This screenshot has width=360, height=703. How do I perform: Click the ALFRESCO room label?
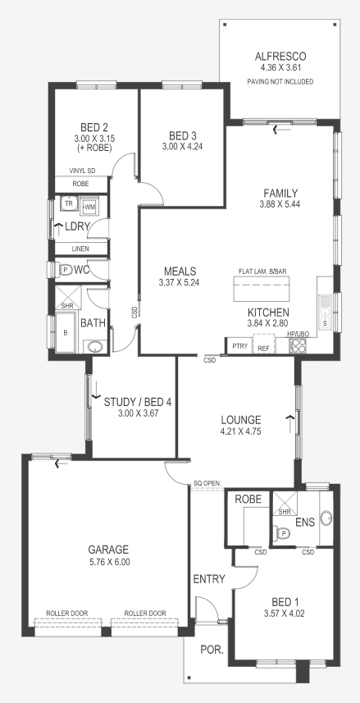click(x=280, y=57)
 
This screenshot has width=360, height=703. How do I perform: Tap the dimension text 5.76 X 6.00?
click(x=109, y=562)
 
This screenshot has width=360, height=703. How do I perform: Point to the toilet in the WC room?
click(x=65, y=268)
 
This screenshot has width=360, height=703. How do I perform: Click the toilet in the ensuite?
click(x=284, y=532)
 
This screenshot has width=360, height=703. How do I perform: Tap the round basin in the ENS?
click(x=326, y=518)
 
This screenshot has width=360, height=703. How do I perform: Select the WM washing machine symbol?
click(x=89, y=205)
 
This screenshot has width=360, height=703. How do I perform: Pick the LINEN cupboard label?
click(x=80, y=249)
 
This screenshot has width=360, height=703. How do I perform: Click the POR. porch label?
click(x=210, y=650)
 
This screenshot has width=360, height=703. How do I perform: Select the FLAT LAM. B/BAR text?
click(x=263, y=270)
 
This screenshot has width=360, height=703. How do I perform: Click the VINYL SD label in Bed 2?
click(x=82, y=171)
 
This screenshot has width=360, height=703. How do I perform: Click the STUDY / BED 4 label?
click(x=138, y=402)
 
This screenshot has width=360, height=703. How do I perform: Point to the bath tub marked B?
click(x=66, y=334)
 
